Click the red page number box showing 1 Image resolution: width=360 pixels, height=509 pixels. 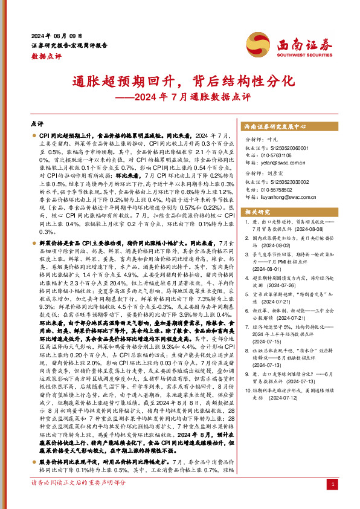click(334, 485)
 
